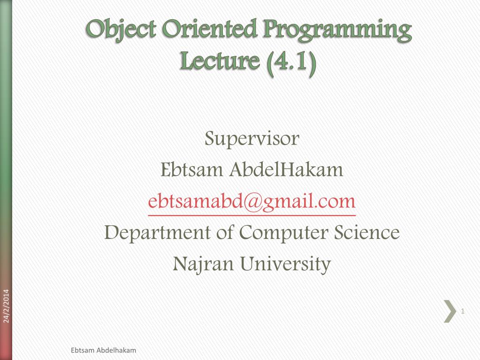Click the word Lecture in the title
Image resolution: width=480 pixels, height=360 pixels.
219,62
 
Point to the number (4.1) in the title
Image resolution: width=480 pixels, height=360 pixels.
292,62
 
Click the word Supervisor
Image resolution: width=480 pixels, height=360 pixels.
251,139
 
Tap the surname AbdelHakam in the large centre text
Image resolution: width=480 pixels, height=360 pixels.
286,170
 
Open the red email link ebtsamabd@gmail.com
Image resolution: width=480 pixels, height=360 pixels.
251,201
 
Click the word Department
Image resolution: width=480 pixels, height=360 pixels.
157,233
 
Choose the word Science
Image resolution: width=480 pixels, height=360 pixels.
367,232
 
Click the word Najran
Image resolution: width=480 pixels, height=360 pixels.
204,264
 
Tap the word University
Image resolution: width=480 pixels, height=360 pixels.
286,264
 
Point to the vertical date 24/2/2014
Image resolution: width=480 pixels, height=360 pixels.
6,306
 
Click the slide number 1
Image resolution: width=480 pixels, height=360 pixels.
463,311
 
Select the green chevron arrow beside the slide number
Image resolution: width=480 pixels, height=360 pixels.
450,311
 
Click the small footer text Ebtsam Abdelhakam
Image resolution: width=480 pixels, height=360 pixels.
103,351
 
